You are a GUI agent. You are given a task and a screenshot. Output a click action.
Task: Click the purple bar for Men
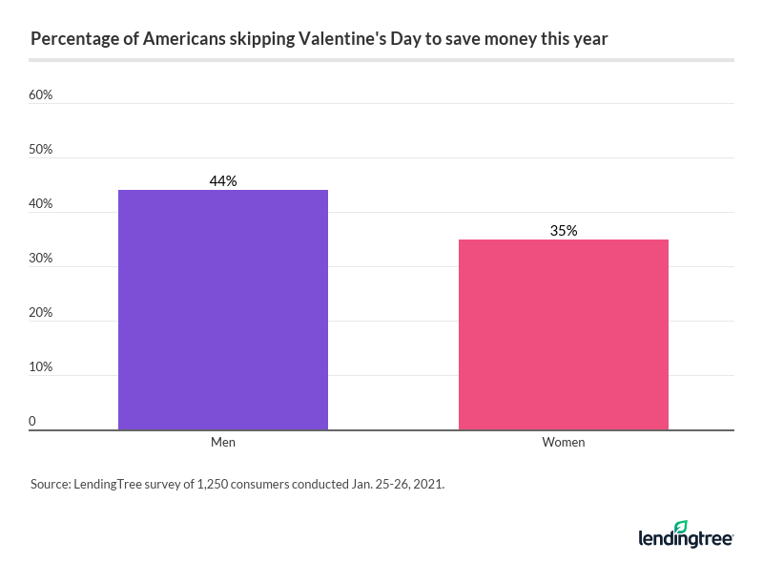pos(223,310)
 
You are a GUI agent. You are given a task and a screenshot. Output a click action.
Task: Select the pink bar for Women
pos(563,335)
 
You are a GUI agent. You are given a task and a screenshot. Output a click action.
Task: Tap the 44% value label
pos(223,180)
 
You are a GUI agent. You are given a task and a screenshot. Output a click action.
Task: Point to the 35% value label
pos(564,230)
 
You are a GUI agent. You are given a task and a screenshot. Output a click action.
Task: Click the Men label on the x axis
pos(223,443)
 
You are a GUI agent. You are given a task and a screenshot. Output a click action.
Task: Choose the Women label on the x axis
pos(564,443)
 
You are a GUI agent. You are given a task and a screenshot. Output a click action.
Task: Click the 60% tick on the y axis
pos(40,95)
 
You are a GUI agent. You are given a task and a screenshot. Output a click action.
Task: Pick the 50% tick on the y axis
pos(40,150)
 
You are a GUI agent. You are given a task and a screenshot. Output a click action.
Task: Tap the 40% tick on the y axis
pos(40,204)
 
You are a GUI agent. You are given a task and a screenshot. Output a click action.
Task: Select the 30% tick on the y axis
pos(40,259)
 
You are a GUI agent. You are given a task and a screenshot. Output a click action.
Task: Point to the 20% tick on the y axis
pos(40,313)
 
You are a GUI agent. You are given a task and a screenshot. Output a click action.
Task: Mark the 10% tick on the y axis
pos(40,367)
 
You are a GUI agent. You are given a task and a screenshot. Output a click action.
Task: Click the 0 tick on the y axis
pos(32,421)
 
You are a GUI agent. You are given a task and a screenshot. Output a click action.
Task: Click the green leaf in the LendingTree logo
pos(681,527)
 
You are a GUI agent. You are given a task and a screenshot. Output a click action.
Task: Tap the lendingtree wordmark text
pos(685,540)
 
